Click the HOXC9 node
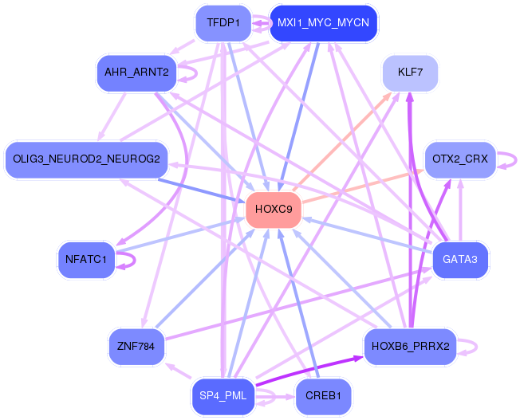274,210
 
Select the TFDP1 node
223,23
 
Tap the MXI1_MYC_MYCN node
323,23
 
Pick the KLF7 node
410,73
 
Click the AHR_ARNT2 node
136,73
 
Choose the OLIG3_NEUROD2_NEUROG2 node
86,159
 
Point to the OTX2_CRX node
460,159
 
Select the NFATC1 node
86,260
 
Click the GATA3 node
460,260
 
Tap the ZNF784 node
136,347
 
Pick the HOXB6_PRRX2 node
410,347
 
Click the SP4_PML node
223,396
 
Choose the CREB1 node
323,396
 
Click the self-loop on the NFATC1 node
135,260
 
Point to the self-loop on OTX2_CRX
516,160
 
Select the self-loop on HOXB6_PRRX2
477,347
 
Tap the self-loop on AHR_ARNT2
197,73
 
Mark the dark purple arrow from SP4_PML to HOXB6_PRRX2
309,371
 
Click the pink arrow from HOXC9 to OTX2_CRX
363,186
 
